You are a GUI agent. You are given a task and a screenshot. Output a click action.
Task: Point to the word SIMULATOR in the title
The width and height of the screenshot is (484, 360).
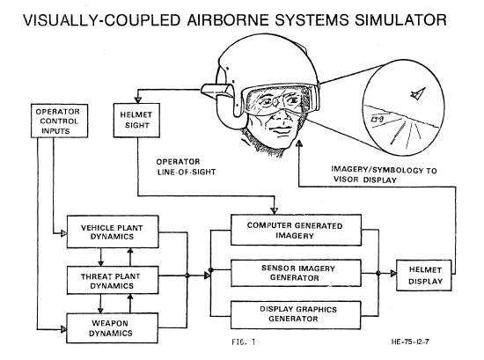coord(400,20)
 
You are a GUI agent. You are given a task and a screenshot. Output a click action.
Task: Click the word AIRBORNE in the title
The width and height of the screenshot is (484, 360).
coord(228,20)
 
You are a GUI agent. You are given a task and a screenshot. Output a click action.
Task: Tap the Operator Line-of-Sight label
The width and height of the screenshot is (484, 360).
coord(186,166)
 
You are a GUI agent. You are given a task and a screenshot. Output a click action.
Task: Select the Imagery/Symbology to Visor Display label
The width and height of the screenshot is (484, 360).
coord(384,175)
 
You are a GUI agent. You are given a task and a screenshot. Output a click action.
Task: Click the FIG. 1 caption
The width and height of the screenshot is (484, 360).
coord(244,342)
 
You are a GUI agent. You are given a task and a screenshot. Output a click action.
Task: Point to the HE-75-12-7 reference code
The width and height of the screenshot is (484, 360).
coord(410,342)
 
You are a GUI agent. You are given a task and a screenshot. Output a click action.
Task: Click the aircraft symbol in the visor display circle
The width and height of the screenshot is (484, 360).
coord(418,93)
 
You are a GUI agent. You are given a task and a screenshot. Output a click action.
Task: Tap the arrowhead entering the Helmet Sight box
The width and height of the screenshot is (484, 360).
coord(138,100)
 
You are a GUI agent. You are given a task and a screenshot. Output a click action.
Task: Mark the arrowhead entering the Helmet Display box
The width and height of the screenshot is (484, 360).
coord(393,273)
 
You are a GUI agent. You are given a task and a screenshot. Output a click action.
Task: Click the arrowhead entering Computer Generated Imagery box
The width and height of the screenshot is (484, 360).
coord(274,211)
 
